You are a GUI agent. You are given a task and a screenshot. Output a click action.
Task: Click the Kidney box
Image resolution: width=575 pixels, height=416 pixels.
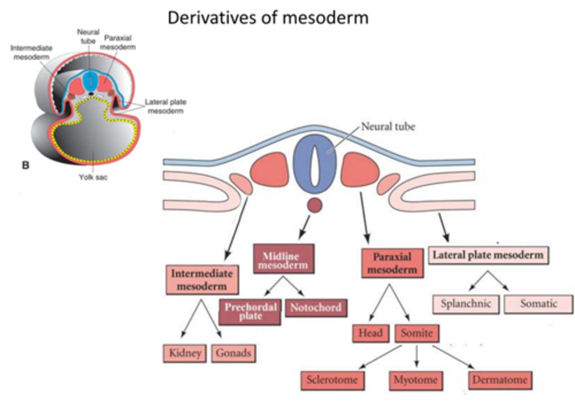[x=184, y=353]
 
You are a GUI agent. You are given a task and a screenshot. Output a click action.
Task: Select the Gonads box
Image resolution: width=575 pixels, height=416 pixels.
[x=233, y=353]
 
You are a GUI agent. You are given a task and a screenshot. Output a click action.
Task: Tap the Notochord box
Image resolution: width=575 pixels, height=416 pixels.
[x=316, y=308]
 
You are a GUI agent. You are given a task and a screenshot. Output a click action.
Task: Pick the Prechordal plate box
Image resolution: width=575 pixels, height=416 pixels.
[x=250, y=312]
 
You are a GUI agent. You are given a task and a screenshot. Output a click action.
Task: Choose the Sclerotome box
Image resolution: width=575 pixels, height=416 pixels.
[x=332, y=380]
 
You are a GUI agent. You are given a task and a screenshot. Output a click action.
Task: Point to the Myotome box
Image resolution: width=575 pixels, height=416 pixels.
[x=416, y=380]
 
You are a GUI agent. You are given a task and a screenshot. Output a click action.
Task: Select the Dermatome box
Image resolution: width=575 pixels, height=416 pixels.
[x=500, y=380]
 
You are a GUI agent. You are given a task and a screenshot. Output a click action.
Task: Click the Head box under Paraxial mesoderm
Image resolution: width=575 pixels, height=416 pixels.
[x=371, y=333]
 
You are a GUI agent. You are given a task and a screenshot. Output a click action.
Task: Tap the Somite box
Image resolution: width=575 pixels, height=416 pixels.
[x=417, y=333]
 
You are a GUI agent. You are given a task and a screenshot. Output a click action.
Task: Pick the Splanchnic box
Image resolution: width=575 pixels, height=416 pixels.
[x=466, y=304]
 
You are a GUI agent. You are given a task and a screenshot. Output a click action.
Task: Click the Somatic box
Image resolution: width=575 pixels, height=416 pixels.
[x=538, y=304]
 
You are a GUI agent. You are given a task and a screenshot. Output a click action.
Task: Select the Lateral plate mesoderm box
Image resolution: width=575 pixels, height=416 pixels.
[x=488, y=255]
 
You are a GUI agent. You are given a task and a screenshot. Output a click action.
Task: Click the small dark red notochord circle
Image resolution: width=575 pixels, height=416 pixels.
[x=315, y=205]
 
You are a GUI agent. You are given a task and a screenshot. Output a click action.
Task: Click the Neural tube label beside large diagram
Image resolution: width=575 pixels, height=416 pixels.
[x=388, y=127]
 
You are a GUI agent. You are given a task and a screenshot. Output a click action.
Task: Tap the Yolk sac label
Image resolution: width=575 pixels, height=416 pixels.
[x=93, y=177]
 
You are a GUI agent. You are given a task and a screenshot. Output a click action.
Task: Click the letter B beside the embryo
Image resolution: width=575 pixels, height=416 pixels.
[x=26, y=165]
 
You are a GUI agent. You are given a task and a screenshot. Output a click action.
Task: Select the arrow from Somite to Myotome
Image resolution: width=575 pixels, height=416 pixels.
[x=416, y=356]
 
